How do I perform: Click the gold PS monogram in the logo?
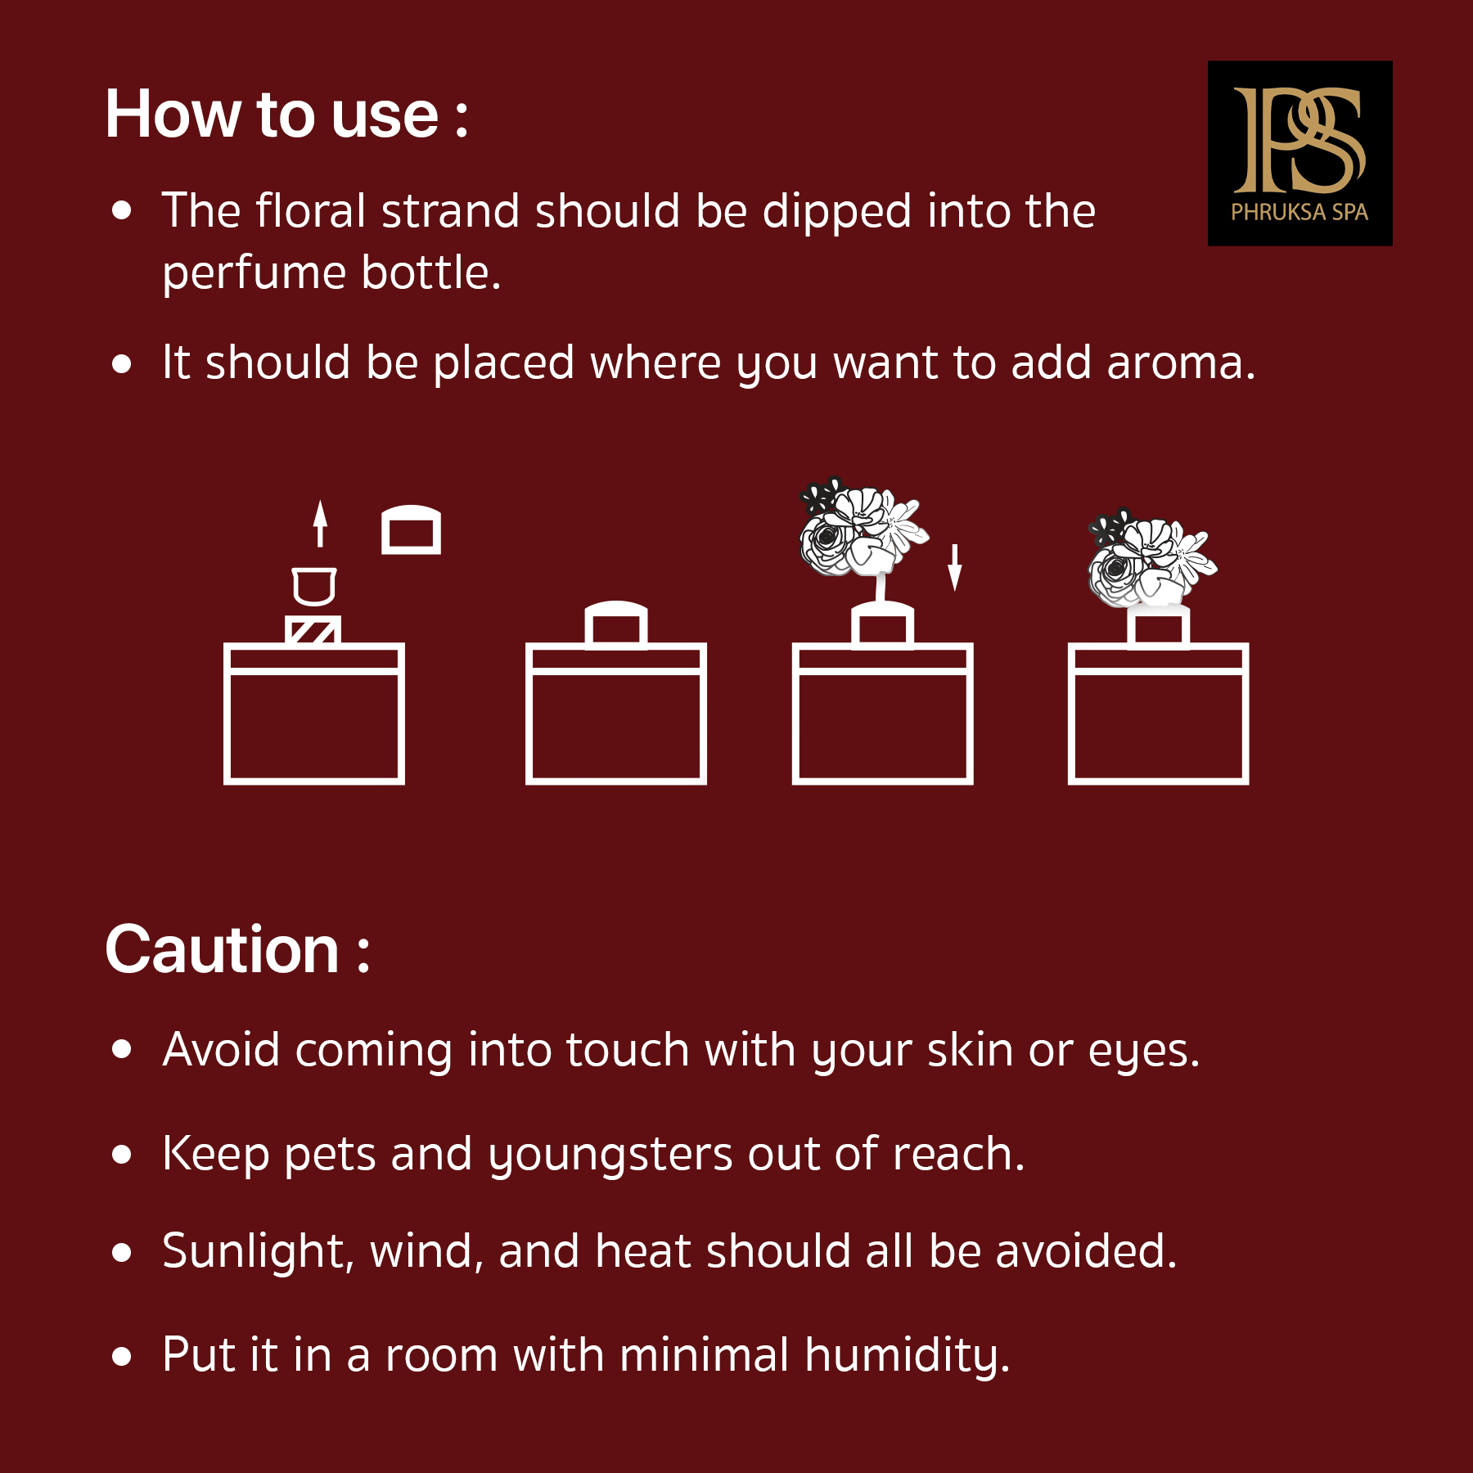(1300, 140)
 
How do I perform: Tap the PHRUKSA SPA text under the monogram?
(1300, 212)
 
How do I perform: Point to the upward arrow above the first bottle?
(320, 523)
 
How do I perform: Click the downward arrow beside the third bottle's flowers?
(954, 567)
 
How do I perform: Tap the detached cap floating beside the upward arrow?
(411, 529)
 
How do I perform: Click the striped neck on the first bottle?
(313, 630)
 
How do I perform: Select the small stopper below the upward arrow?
(314, 586)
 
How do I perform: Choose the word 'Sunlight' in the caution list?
(255, 1252)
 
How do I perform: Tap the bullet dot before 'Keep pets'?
(122, 1154)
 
